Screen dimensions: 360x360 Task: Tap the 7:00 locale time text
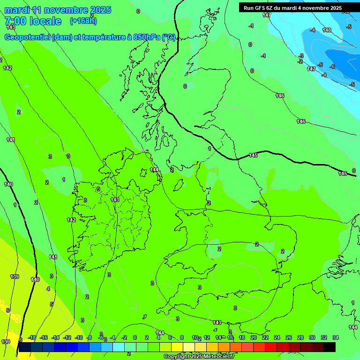[33, 21]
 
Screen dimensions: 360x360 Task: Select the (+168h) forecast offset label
[83, 21]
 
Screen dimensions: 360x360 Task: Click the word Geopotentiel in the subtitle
[27, 37]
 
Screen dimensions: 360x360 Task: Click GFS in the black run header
[262, 8]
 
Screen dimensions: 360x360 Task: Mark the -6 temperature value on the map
[332, 67]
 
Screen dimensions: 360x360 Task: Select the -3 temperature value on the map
[301, 56]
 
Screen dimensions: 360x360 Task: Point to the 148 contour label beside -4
[327, 30]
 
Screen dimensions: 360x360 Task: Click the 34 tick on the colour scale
[336, 337]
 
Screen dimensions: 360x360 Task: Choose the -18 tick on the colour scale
[32, 337]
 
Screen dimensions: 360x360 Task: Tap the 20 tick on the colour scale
[254, 337]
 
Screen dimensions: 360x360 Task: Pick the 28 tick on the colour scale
[300, 337]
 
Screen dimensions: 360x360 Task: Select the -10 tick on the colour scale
[79, 337]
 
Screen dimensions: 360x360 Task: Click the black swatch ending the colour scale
[330, 347]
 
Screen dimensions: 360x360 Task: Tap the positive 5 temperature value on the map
[52, 304]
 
